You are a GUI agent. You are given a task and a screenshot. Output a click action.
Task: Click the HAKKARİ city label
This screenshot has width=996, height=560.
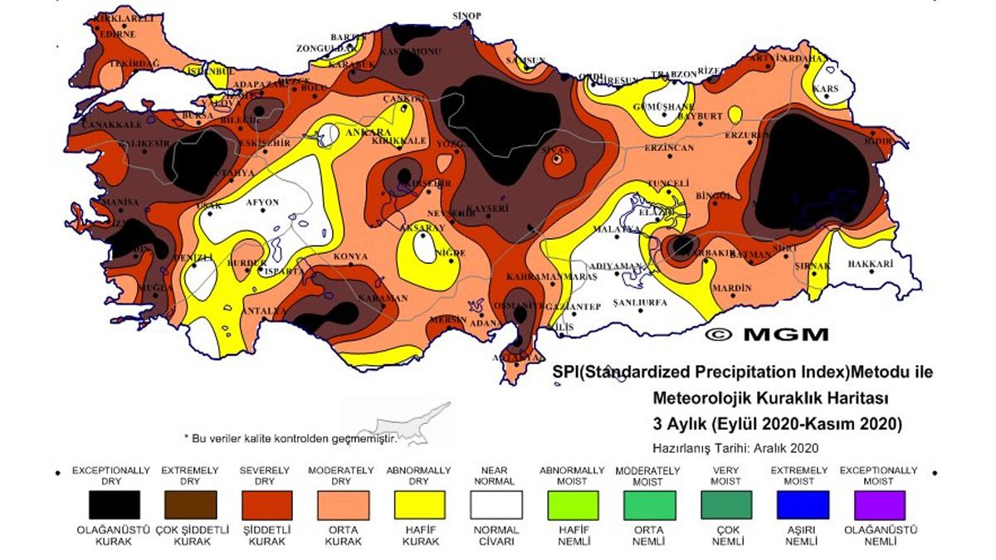pyautogui.click(x=870, y=265)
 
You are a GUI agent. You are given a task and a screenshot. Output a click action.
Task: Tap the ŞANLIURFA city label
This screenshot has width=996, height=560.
pyautogui.click(x=640, y=304)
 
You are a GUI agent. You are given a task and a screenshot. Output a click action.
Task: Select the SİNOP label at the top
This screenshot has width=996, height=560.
pyautogui.click(x=466, y=16)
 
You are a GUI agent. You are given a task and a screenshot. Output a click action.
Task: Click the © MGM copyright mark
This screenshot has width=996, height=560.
pyautogui.click(x=766, y=334)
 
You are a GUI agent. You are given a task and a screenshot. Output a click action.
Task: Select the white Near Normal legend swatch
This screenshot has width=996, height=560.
pyautogui.click(x=496, y=504)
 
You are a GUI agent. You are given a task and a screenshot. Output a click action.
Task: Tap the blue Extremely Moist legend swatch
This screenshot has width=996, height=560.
pyautogui.click(x=802, y=504)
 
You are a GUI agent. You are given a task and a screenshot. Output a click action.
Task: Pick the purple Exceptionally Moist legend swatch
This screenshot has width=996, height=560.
pyautogui.click(x=879, y=504)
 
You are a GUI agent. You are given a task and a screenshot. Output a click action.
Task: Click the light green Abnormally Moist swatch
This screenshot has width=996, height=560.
pyautogui.click(x=572, y=504)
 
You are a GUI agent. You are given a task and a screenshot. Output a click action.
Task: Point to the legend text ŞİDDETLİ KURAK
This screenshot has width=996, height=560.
pyautogui.click(x=265, y=535)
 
